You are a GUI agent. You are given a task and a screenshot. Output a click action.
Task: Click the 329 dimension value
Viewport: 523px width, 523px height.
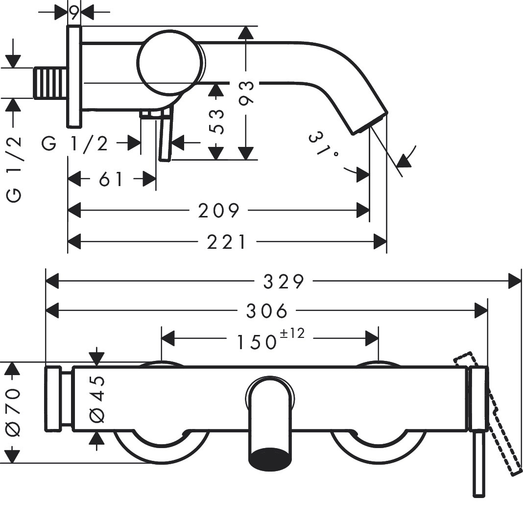pyautogui.click(x=284, y=282)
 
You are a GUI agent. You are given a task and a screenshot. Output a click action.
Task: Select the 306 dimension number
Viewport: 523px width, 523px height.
pyautogui.click(x=266, y=311)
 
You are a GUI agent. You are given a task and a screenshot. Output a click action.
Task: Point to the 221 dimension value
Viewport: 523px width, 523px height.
pyautogui.click(x=227, y=242)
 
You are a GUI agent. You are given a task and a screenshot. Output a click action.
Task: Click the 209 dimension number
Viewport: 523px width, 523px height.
pyautogui.click(x=219, y=211)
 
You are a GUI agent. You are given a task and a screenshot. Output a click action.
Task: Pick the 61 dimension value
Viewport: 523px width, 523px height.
pyautogui.click(x=111, y=179)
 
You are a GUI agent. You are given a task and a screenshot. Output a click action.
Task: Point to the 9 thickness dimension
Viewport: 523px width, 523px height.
pyautogui.click(x=74, y=13)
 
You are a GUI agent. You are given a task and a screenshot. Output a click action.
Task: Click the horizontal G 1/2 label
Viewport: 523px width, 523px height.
pyautogui.click(x=75, y=144)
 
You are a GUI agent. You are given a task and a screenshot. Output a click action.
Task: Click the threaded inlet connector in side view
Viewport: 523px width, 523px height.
pyautogui.click(x=51, y=83)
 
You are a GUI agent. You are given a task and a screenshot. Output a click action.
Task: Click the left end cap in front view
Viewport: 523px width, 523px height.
pyautogui.click(x=53, y=399)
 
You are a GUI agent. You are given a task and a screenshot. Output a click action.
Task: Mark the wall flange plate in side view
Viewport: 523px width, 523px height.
pyautogui.click(x=74, y=77)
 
